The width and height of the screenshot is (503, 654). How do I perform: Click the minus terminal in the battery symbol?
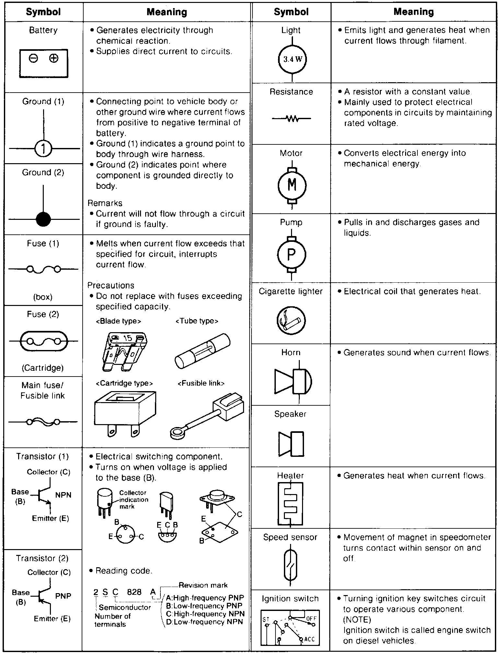33,59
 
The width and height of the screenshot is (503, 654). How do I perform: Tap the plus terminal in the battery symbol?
53,58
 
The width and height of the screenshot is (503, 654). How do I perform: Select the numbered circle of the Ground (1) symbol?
43,149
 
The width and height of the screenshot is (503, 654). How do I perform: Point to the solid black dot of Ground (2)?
43,219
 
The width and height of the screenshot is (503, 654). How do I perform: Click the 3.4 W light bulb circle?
292,59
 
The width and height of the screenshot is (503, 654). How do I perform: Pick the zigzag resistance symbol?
292,119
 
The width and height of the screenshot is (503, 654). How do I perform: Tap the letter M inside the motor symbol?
292,185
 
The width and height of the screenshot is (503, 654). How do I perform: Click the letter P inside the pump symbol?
292,254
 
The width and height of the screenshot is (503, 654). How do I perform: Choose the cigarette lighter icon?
291,321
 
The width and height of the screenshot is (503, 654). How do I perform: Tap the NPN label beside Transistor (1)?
63,495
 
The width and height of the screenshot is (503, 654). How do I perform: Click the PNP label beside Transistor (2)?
63,596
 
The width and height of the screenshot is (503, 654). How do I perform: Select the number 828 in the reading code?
134,592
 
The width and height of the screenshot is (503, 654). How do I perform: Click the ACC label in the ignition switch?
310,639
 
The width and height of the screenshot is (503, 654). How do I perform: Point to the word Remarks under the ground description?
105,203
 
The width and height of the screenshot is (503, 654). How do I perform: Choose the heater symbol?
290,502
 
